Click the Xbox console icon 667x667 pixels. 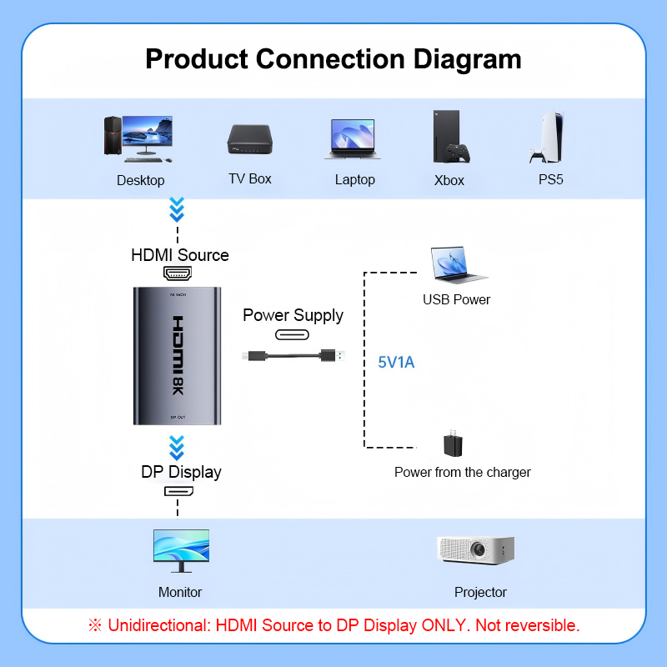[450, 137]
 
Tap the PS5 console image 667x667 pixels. [548, 137]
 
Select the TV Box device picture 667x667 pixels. [249, 139]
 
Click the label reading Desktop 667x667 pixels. [141, 180]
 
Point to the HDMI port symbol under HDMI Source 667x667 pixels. [178, 273]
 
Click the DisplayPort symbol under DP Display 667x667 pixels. [178, 491]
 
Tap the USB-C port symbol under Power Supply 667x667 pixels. [293, 335]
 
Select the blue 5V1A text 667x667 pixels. [396, 363]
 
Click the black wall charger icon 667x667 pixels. [453, 444]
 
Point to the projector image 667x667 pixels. [476, 550]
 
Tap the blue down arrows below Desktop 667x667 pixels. [177, 209]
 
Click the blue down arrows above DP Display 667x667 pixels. [177, 448]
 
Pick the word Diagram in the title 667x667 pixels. [468, 59]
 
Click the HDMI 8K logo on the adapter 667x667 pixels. [178, 355]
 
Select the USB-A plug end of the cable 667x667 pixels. [333, 355]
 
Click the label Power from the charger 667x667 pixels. [463, 472]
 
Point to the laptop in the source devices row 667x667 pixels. [353, 139]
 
